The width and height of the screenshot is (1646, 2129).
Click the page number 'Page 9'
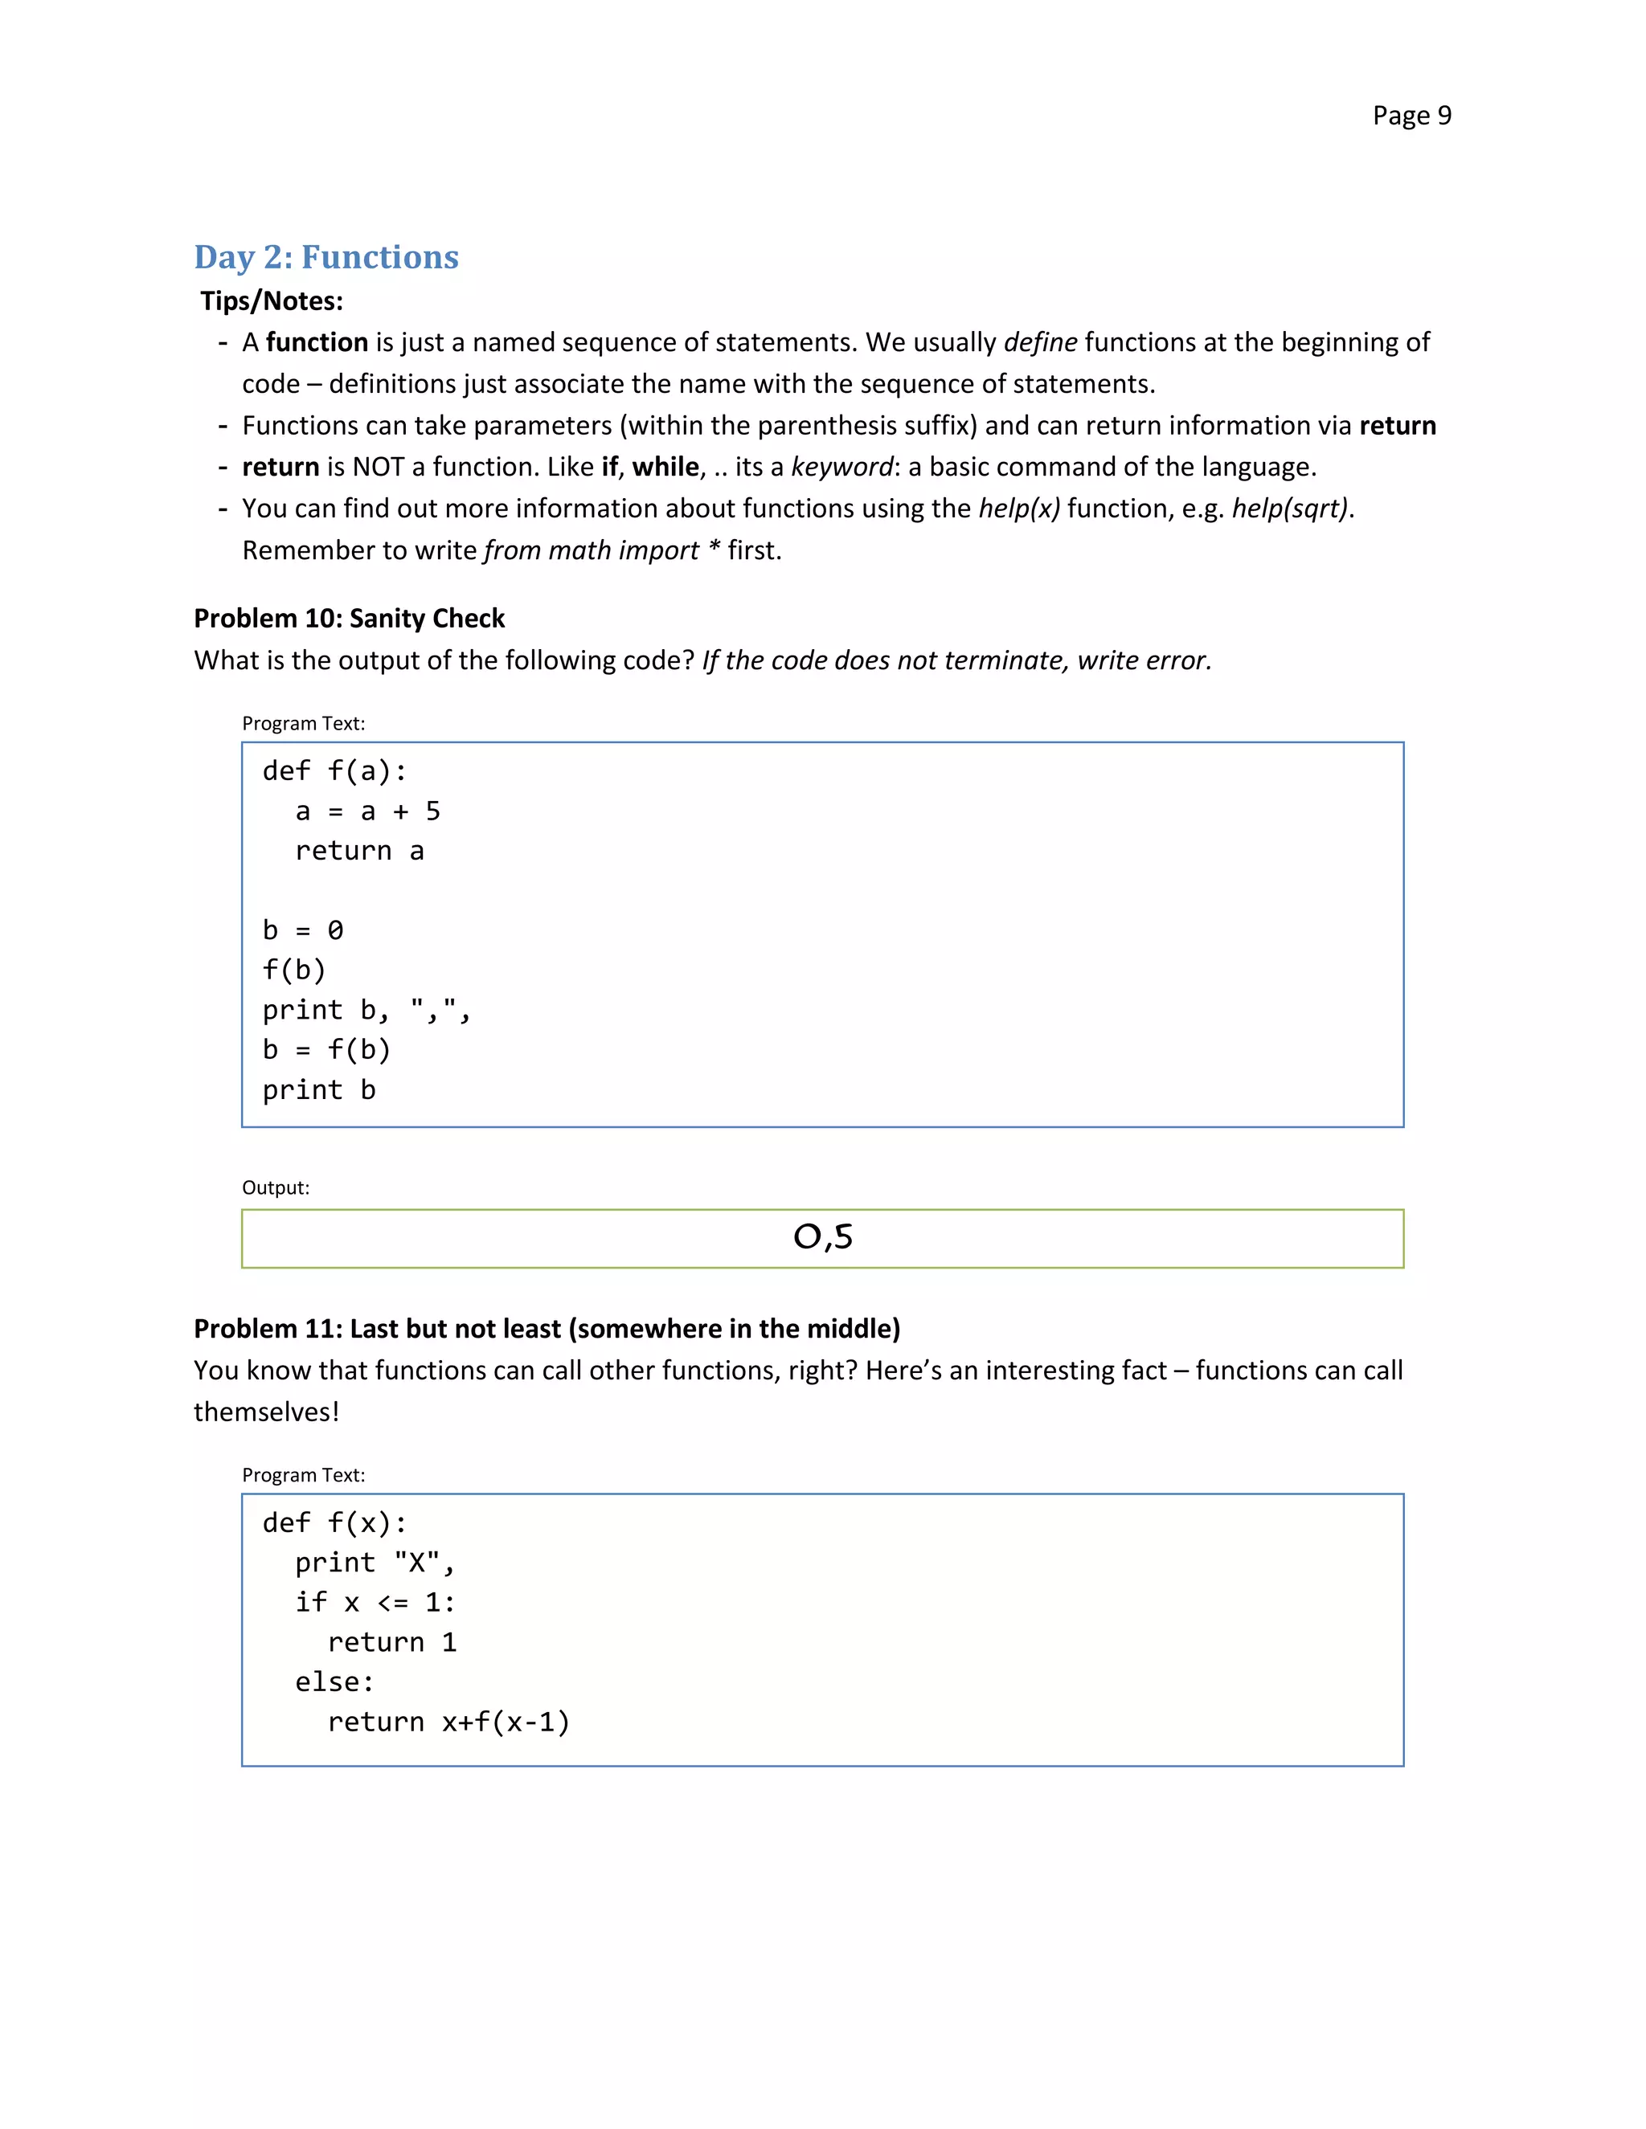tap(1411, 115)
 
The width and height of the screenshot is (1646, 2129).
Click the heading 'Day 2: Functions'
tap(326, 256)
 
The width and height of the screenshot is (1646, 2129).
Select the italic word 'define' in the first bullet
tap(1039, 342)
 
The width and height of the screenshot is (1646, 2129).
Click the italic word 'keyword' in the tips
tap(841, 467)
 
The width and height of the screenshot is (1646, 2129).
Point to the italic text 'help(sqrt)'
tap(1289, 509)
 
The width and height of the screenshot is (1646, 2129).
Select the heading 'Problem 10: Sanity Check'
tap(349, 619)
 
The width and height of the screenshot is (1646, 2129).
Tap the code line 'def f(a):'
tap(334, 771)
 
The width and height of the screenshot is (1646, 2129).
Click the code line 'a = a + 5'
tap(367, 811)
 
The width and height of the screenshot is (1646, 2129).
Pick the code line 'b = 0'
tap(302, 930)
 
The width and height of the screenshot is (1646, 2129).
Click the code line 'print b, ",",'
tap(366, 1010)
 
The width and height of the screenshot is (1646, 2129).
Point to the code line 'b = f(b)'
tap(326, 1050)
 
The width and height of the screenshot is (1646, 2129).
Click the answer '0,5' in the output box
tap(823, 1237)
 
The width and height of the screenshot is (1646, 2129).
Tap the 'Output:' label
tap(275, 1187)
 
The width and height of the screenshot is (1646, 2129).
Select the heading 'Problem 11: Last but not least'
tap(546, 1329)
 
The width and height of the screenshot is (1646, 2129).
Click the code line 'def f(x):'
tap(334, 1522)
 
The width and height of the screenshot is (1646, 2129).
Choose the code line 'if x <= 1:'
tap(375, 1603)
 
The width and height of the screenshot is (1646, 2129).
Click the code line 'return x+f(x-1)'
tap(448, 1722)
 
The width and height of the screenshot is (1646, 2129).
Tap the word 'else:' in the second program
tap(334, 1682)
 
